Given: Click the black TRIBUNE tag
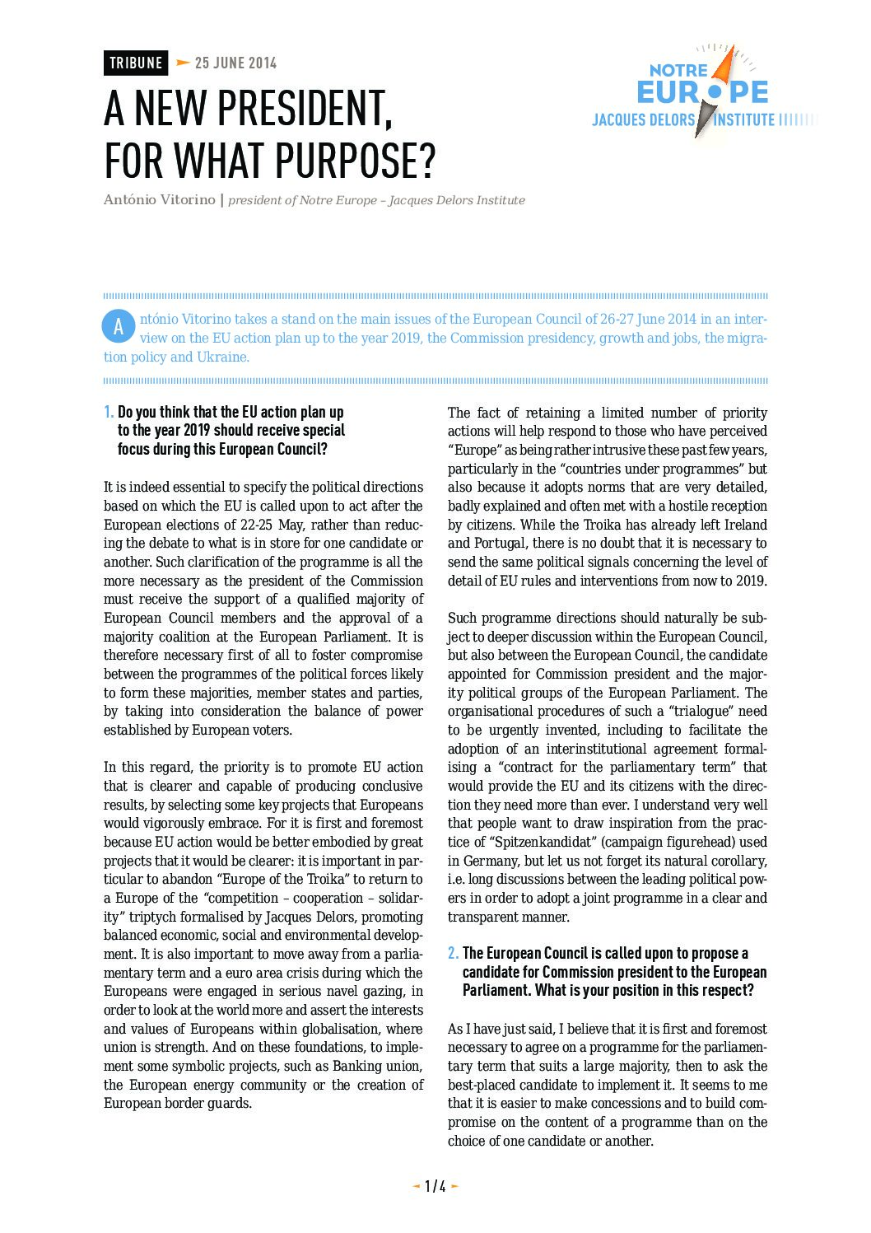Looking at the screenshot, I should click(136, 63).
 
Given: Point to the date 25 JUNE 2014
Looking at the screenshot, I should click(235, 63).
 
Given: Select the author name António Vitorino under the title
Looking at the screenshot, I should click(159, 200).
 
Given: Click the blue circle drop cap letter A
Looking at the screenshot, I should click(118, 326).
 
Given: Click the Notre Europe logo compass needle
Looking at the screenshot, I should click(715, 91).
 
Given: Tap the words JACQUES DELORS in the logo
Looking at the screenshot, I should click(644, 120).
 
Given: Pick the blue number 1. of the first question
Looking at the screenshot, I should click(109, 412).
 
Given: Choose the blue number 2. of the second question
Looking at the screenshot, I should click(453, 953).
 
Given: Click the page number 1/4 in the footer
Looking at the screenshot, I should click(435, 1186).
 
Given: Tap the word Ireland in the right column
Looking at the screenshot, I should click(745, 525).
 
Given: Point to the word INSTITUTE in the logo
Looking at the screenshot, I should click(744, 120).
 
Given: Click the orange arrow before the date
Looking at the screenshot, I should click(183, 63).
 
